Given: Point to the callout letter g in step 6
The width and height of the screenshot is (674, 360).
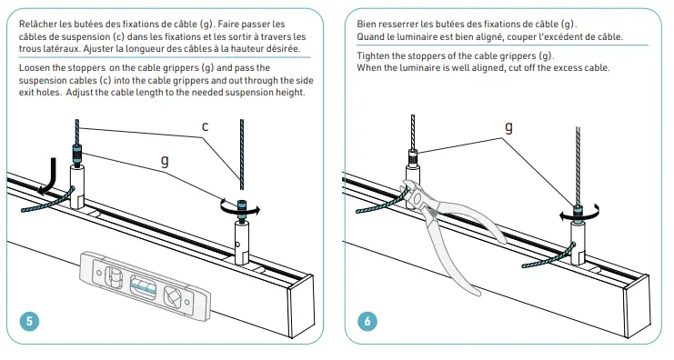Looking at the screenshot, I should pyautogui.click(x=507, y=127).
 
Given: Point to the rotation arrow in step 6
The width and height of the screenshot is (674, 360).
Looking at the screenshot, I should pyautogui.click(x=576, y=214).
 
